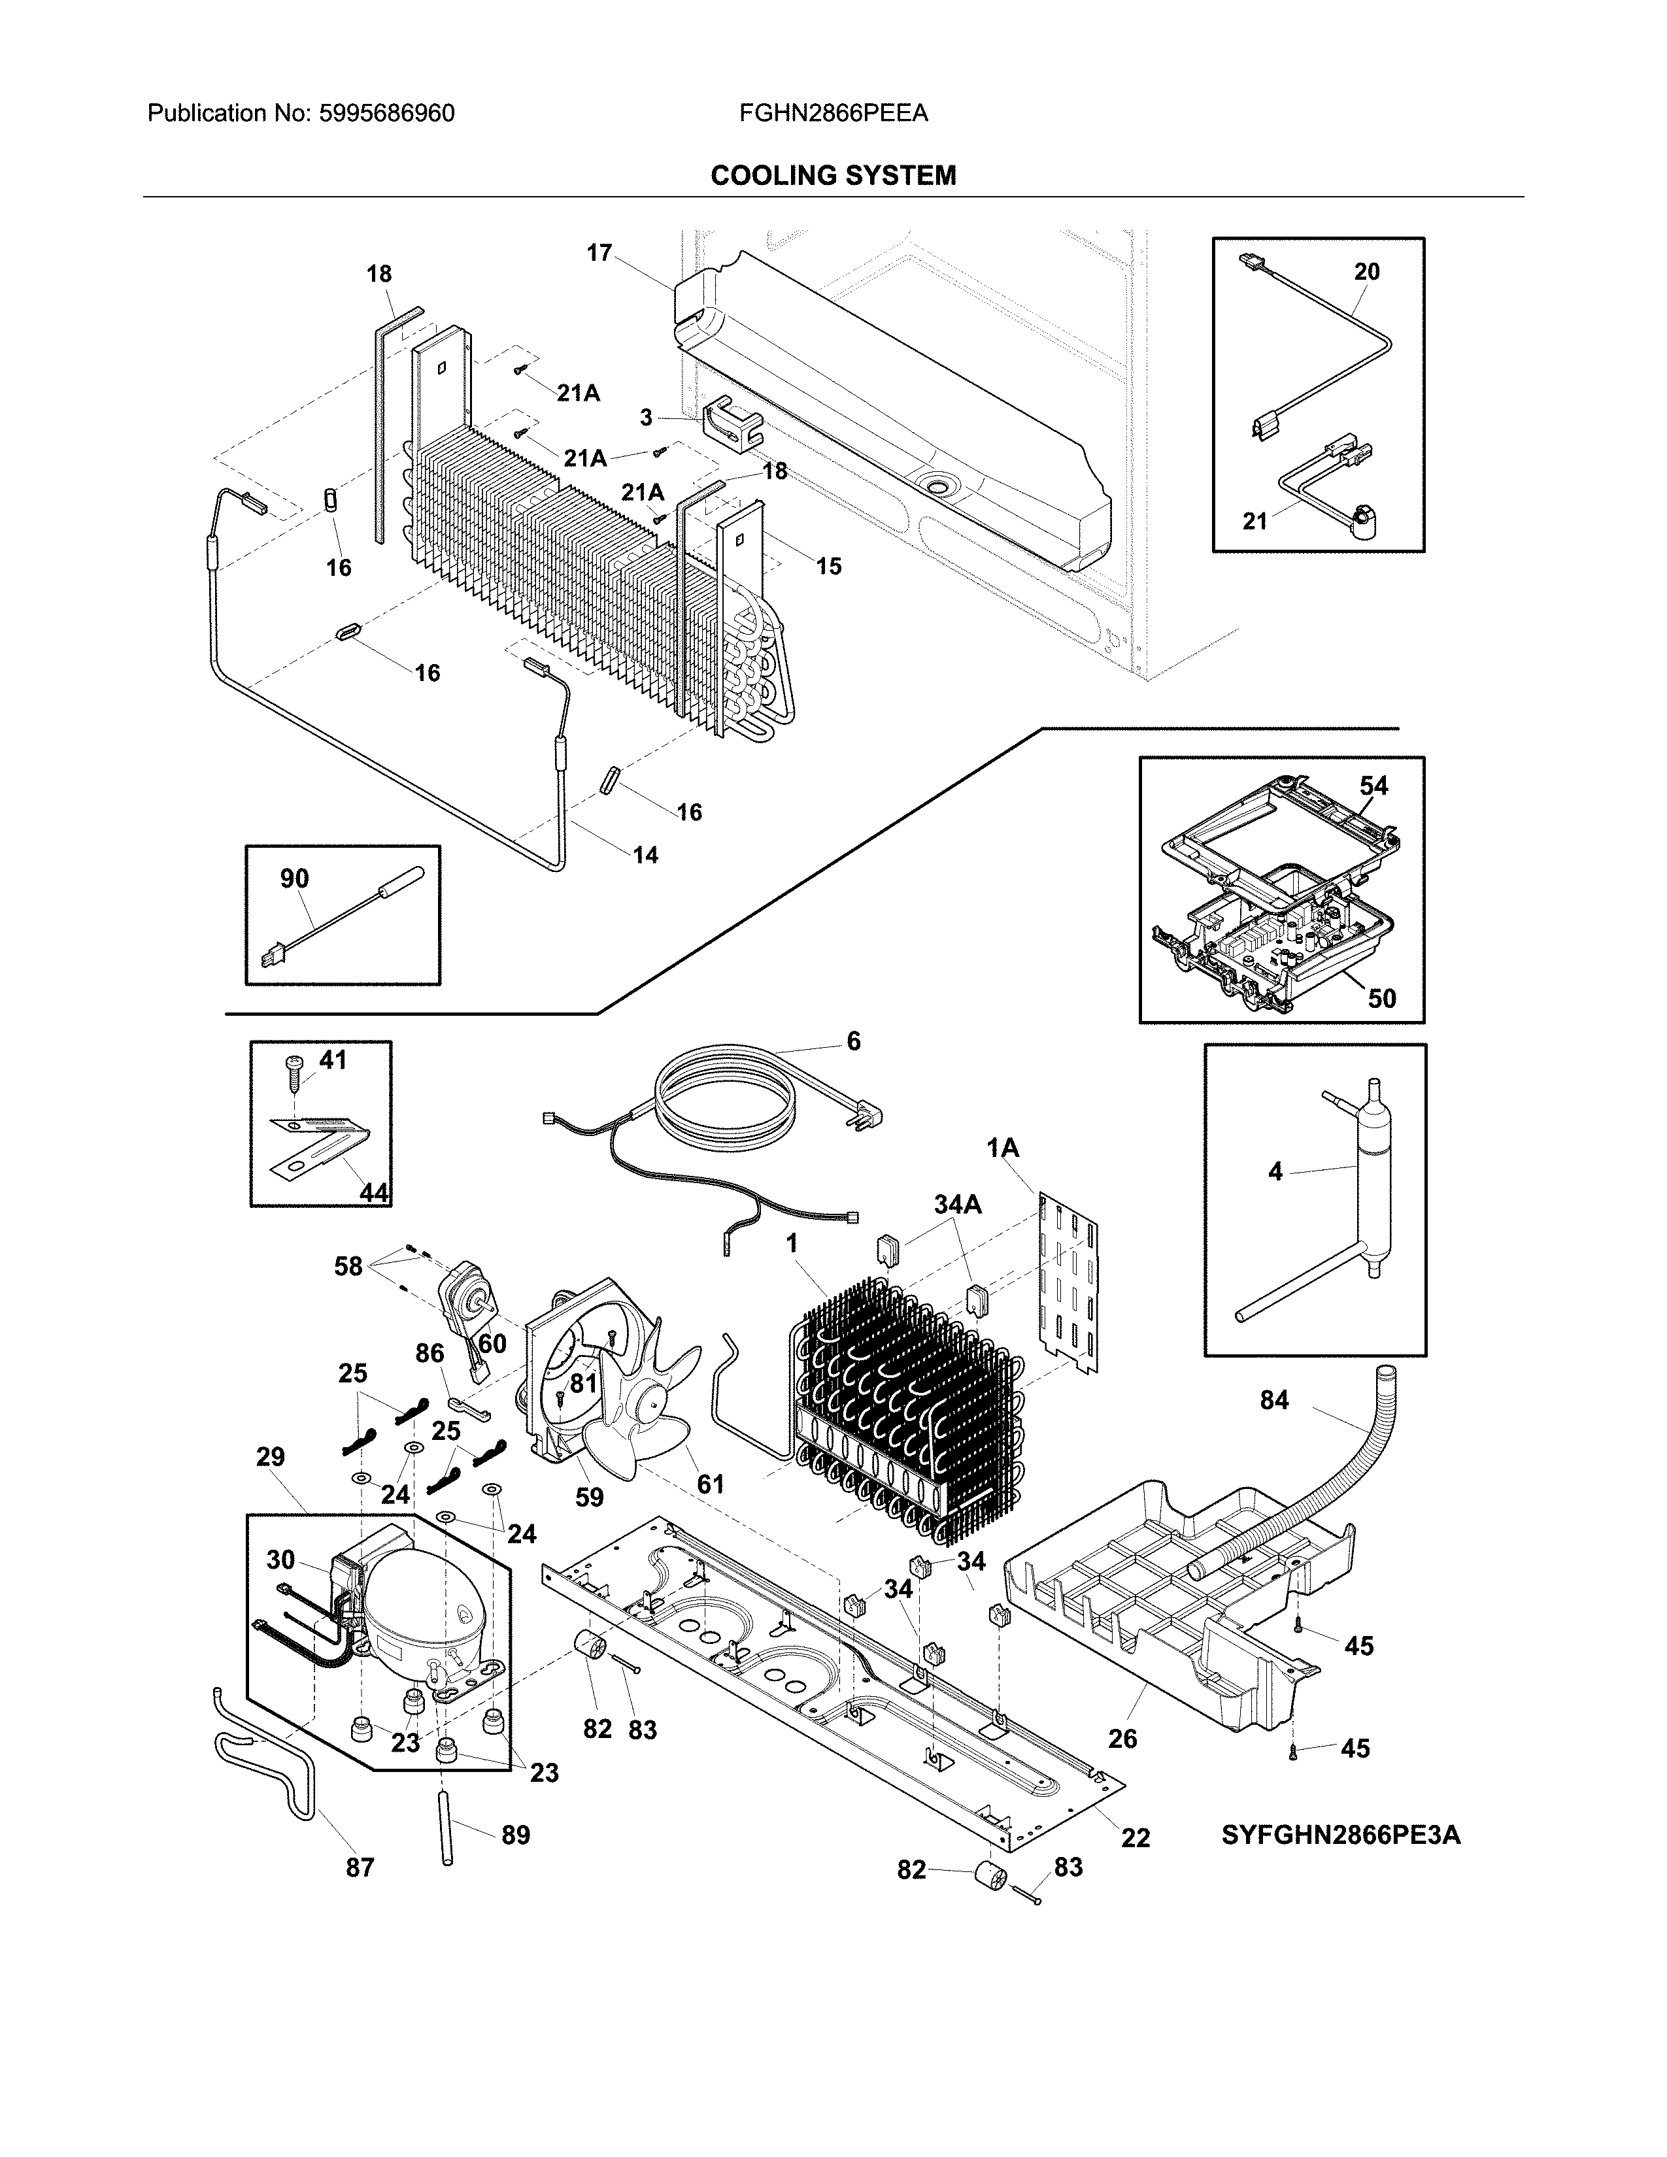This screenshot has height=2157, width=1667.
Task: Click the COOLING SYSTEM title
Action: click(x=832, y=176)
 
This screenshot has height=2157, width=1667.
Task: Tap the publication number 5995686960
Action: click(x=386, y=114)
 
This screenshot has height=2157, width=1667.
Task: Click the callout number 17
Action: click(x=598, y=253)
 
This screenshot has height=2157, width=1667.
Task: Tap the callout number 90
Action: click(x=294, y=878)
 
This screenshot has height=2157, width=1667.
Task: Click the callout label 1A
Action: click(x=1002, y=1148)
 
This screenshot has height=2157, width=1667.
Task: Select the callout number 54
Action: click(x=1373, y=786)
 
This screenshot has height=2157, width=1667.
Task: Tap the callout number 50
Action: click(x=1381, y=999)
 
